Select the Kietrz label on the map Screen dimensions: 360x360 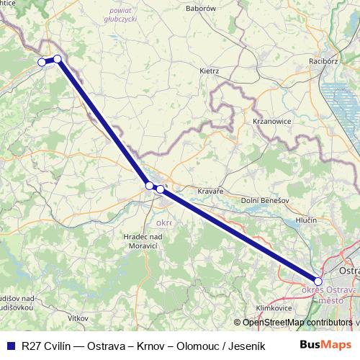tap(209, 71)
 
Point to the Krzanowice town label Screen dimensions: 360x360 tap(271, 122)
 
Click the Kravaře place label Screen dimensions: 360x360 tap(211, 192)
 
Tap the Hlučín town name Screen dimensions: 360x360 tap(307, 221)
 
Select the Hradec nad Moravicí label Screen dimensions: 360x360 tap(143, 242)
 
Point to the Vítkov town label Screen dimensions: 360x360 tap(77, 317)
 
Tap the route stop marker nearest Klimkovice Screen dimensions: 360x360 tap(318, 282)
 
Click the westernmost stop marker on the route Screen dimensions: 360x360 tap(42, 63)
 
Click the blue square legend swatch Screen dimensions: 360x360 tap(11, 345)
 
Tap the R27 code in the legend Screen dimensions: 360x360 tap(32, 345)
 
